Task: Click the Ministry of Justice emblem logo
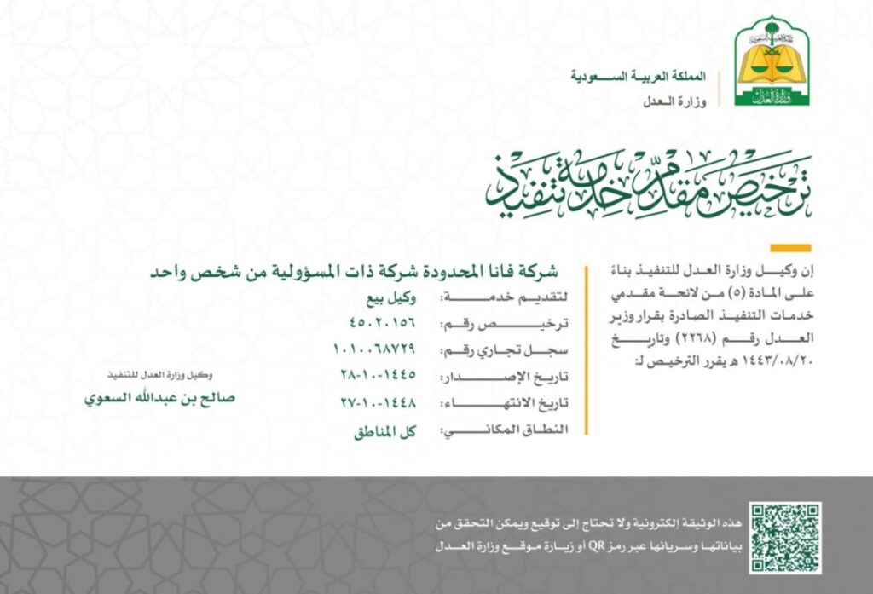point(772,61)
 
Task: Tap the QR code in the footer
point(785,537)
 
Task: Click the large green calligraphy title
point(648,186)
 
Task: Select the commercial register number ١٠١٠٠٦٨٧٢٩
point(374,349)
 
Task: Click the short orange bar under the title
point(789,248)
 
